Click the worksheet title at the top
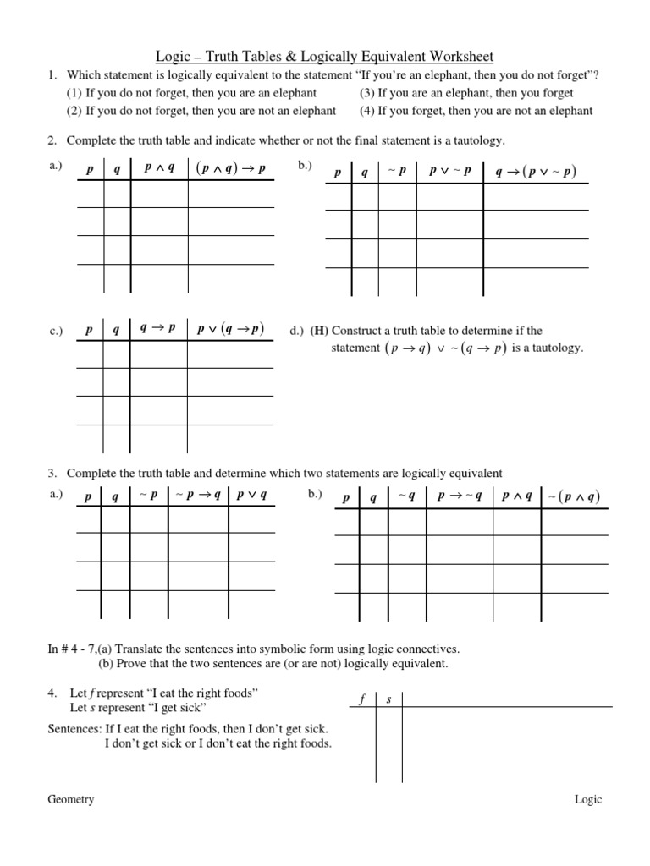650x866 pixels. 324,57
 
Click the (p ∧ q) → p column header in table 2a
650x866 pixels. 230,167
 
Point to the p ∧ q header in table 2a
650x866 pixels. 159,167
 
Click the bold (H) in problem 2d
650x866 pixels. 319,331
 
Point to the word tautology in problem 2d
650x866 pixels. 558,348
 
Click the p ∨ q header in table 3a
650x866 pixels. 251,496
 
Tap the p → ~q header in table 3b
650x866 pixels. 459,497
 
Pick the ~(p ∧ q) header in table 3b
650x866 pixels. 573,497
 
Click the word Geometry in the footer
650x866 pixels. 70,800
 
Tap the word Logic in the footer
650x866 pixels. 588,800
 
